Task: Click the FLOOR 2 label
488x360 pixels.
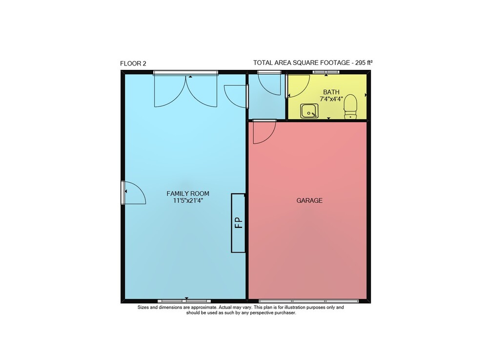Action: [133, 64]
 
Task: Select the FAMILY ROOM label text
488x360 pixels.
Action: [188, 194]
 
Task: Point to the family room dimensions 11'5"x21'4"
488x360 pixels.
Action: [188, 201]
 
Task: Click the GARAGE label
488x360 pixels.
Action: [309, 201]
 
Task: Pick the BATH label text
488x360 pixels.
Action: [331, 92]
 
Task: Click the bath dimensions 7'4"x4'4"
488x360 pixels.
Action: [331, 99]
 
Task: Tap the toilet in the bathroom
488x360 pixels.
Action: [350, 106]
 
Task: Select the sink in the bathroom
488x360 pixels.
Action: [309, 111]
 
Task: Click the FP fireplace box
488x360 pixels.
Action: [239, 223]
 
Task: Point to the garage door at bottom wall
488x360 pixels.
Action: [308, 301]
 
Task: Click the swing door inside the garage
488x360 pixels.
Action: [264, 132]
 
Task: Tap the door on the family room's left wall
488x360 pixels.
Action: [134, 193]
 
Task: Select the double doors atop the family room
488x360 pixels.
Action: [185, 90]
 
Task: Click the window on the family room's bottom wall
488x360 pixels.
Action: [184, 301]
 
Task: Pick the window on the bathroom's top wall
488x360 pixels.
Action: [326, 72]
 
